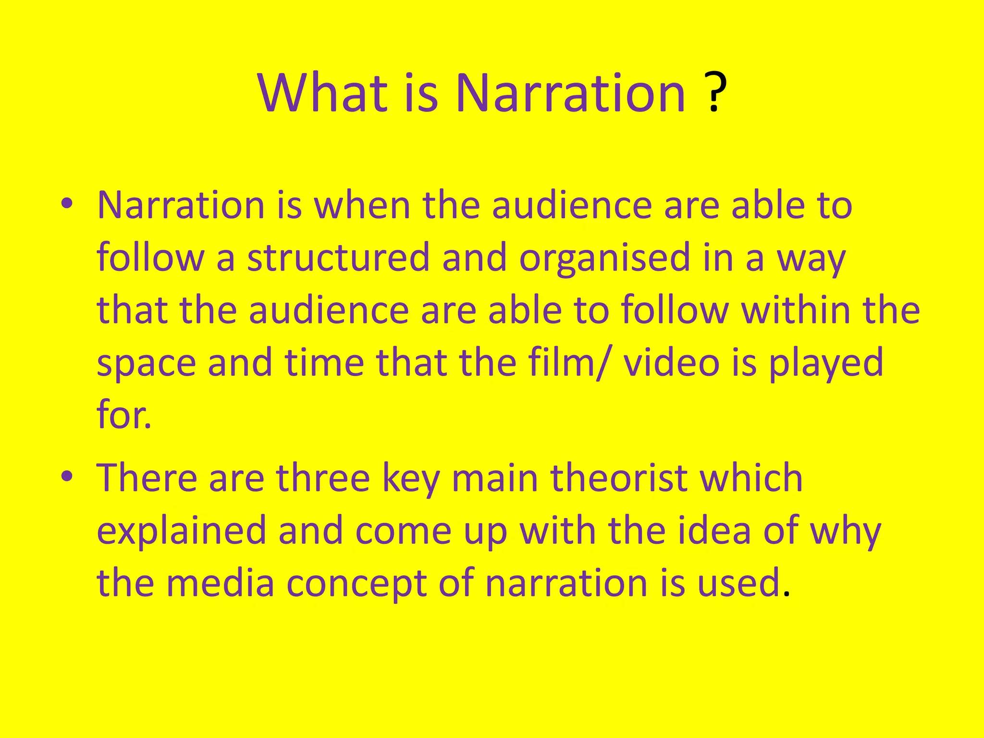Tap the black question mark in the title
coord(714,92)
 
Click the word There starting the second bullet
coord(147,478)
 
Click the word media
coord(221,582)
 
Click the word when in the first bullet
coord(362,205)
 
